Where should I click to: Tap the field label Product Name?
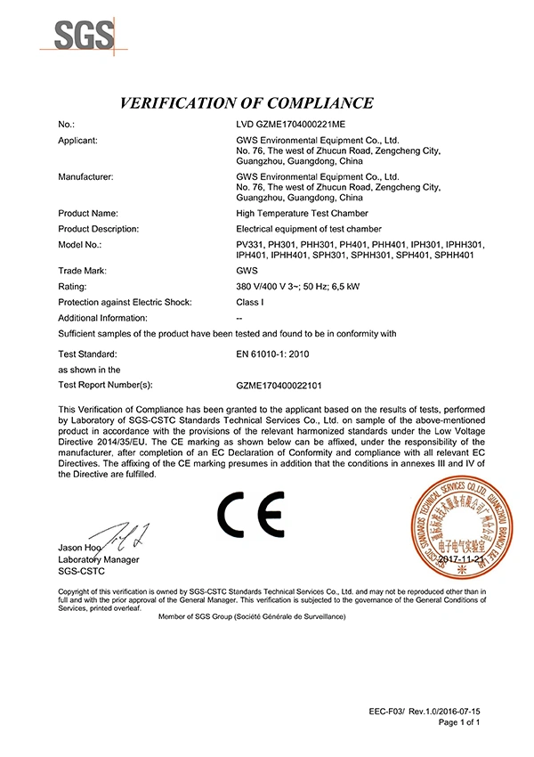pyautogui.click(x=88, y=214)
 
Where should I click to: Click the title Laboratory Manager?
pyautogui.click(x=98, y=559)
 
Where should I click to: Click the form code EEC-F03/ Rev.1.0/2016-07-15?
pyautogui.click(x=425, y=712)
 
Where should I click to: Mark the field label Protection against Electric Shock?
pyautogui.click(x=125, y=302)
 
